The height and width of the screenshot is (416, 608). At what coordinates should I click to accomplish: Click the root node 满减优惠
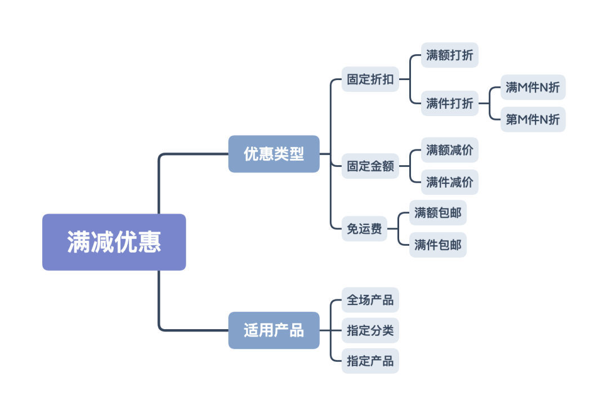click(114, 242)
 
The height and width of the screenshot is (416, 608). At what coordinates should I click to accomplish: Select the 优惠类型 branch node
click(274, 154)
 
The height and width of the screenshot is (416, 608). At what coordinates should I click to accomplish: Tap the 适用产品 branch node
click(274, 330)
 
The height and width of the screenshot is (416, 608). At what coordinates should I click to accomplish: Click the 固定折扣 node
click(370, 79)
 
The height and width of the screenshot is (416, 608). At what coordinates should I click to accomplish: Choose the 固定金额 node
click(370, 166)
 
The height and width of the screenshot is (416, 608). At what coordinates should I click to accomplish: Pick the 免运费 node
click(364, 228)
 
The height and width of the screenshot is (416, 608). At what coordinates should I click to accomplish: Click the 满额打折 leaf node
click(450, 55)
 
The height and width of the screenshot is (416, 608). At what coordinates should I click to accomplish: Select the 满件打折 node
click(450, 103)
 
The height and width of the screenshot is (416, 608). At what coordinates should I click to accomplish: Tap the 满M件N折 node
click(533, 87)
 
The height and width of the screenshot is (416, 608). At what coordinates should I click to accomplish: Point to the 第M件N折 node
click(533, 120)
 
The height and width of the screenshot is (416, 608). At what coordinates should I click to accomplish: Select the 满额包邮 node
click(437, 213)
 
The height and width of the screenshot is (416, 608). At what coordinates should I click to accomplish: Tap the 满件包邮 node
click(437, 245)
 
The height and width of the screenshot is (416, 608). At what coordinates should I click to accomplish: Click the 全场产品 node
click(370, 300)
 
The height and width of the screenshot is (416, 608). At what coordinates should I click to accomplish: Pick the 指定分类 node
click(370, 330)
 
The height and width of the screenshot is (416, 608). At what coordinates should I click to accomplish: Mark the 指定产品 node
click(370, 361)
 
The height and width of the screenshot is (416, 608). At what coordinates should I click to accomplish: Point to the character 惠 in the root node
click(150, 242)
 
